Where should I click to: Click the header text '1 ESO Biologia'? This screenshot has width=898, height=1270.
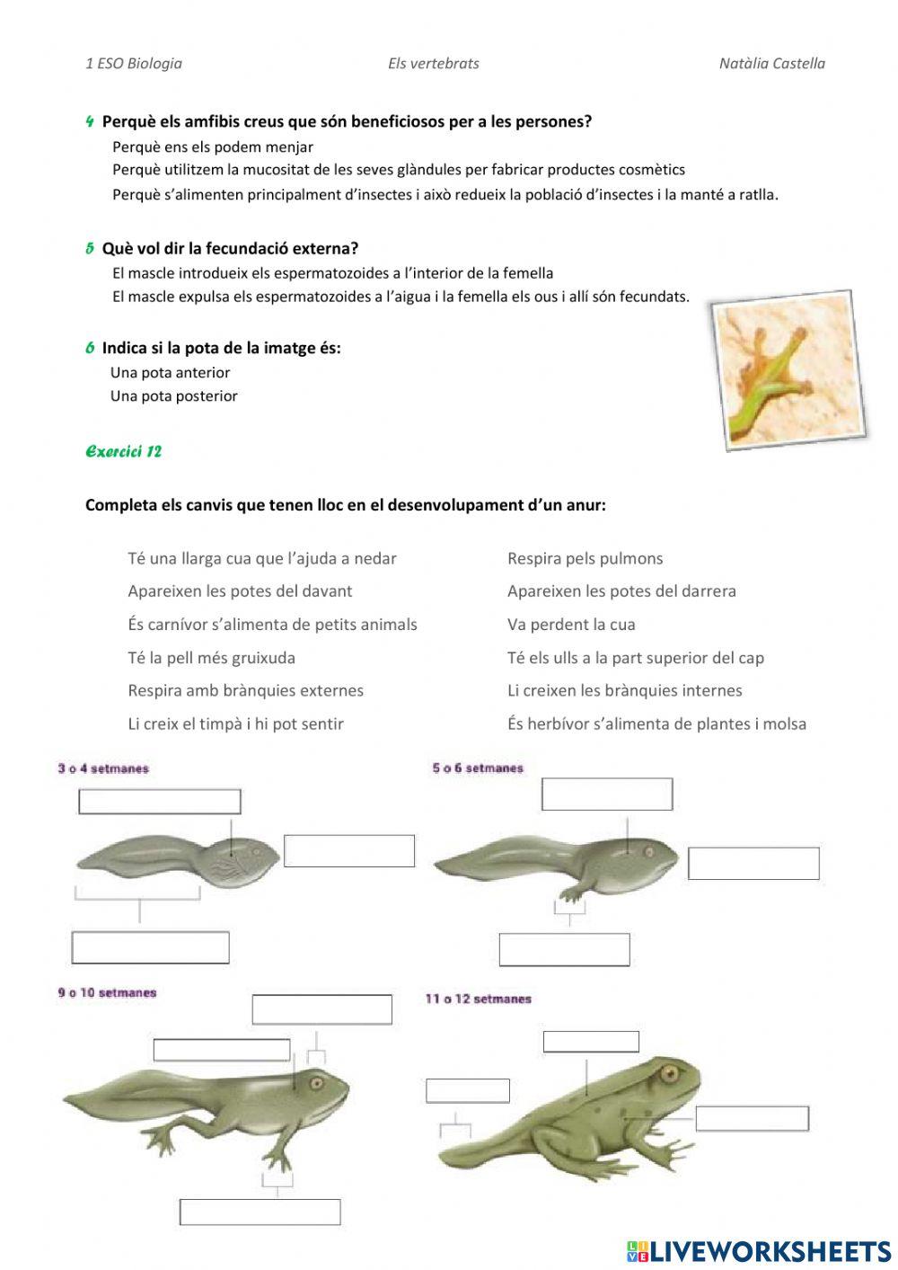[x=134, y=63]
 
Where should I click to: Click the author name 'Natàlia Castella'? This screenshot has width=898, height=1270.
[x=771, y=63]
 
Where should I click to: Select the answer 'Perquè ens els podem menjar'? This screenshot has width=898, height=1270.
[x=213, y=147]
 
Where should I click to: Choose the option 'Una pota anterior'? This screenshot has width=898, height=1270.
[x=170, y=372]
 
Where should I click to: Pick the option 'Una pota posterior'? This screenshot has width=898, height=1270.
[x=173, y=395]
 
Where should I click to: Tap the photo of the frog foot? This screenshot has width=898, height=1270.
[x=788, y=370]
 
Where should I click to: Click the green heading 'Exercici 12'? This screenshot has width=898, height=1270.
[x=123, y=451]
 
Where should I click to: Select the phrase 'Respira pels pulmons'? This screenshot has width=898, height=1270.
[x=585, y=558]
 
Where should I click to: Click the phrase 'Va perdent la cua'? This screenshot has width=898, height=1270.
[x=570, y=624]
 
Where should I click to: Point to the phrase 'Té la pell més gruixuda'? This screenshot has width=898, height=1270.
[x=211, y=657]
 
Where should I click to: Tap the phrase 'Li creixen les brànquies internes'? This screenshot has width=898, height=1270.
[x=624, y=690]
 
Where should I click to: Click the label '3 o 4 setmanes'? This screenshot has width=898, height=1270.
[x=103, y=768]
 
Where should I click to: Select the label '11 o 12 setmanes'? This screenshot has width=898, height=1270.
[x=478, y=999]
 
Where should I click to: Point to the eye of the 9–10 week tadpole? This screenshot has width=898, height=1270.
[x=316, y=1083]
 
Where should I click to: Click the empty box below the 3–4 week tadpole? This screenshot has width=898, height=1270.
[x=150, y=947]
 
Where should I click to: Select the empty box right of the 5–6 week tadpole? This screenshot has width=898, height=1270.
[x=753, y=863]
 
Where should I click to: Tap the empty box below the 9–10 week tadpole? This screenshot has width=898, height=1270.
[x=260, y=1212]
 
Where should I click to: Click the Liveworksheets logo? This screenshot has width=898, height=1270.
[x=759, y=1250]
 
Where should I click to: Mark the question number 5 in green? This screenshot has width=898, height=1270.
[x=90, y=248]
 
